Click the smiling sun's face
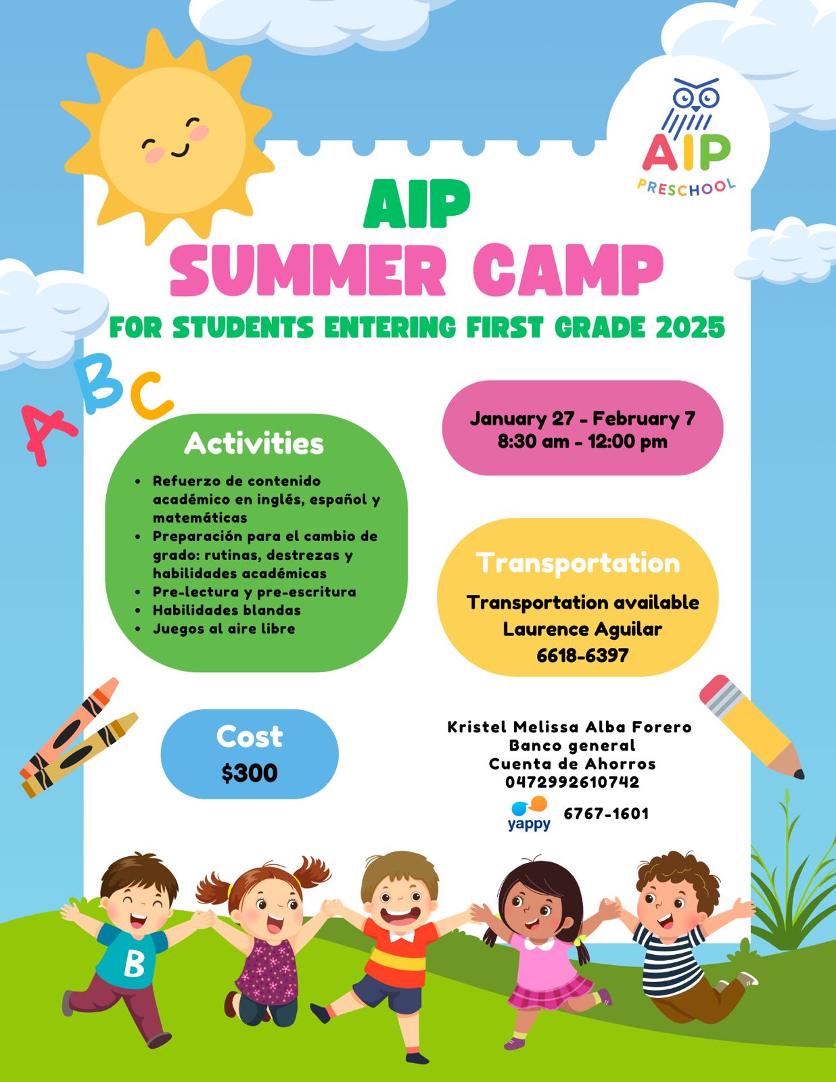(172, 141)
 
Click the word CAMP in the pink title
(567, 270)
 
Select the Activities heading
(254, 443)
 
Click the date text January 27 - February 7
(582, 418)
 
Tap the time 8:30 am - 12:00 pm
(582, 442)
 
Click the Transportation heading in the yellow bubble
(578, 564)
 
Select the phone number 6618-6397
(582, 655)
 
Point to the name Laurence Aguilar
(582, 629)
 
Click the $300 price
(250, 773)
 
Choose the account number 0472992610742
(572, 782)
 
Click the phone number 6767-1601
(606, 814)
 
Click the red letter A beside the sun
(47, 434)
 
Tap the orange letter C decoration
(151, 396)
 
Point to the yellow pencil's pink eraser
(716, 690)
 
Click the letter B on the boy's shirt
(134, 964)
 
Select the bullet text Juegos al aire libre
(224, 628)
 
